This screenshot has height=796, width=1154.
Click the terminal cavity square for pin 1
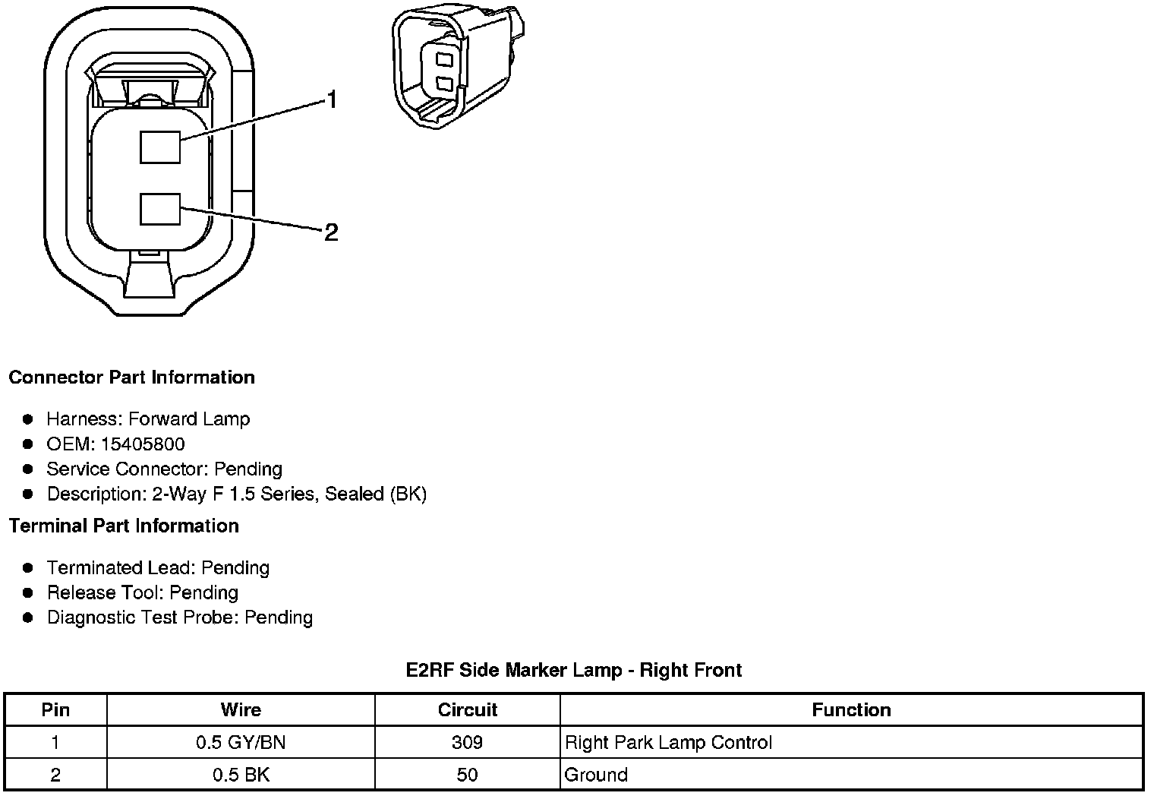click(x=160, y=147)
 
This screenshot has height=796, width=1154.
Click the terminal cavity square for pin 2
click(x=160, y=209)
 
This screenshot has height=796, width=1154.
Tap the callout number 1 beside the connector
click(x=331, y=99)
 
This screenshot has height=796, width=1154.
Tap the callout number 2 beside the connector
click(x=331, y=232)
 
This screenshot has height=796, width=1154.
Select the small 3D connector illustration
click(x=457, y=67)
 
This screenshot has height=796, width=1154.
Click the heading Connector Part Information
click(x=131, y=377)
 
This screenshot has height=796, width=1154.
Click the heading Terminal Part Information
click(x=124, y=526)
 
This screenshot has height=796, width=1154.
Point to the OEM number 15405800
click(x=143, y=444)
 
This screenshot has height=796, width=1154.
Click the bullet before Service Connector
click(x=28, y=469)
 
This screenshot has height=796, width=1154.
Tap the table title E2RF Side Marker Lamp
click(x=574, y=670)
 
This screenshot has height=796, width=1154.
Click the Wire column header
click(x=241, y=710)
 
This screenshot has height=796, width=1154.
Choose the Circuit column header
click(x=467, y=710)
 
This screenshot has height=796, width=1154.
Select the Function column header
click(x=851, y=710)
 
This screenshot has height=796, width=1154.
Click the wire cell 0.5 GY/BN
click(x=241, y=743)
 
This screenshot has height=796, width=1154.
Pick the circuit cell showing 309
click(x=467, y=743)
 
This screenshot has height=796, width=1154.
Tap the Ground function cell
click(x=596, y=775)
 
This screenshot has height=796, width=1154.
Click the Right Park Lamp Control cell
click(x=668, y=743)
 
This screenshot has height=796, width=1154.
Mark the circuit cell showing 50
click(x=467, y=775)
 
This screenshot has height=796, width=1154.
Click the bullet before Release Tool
click(x=28, y=592)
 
